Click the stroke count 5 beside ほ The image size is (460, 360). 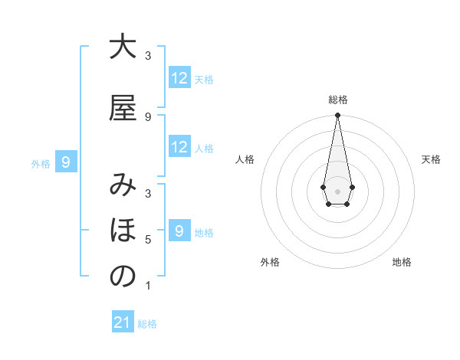tap(148, 240)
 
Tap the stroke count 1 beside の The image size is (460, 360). tap(148, 286)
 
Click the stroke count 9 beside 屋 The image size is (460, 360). tap(148, 116)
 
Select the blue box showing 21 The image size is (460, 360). tap(123, 322)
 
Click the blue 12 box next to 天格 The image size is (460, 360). tap(179, 78)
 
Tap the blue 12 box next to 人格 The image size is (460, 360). tap(179, 147)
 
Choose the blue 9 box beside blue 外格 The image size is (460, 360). tap(67, 162)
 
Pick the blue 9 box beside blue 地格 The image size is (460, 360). tap(179, 231)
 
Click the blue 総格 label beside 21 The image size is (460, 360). tap(147, 324)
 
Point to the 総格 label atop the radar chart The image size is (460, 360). tap(338, 100)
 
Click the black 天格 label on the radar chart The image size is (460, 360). tap(431, 159)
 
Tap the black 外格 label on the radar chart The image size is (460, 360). tap(270, 262)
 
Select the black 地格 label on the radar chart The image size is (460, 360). tap(402, 262)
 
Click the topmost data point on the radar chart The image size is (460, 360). tap(337, 116)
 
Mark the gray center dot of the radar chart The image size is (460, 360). tap(337, 190)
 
